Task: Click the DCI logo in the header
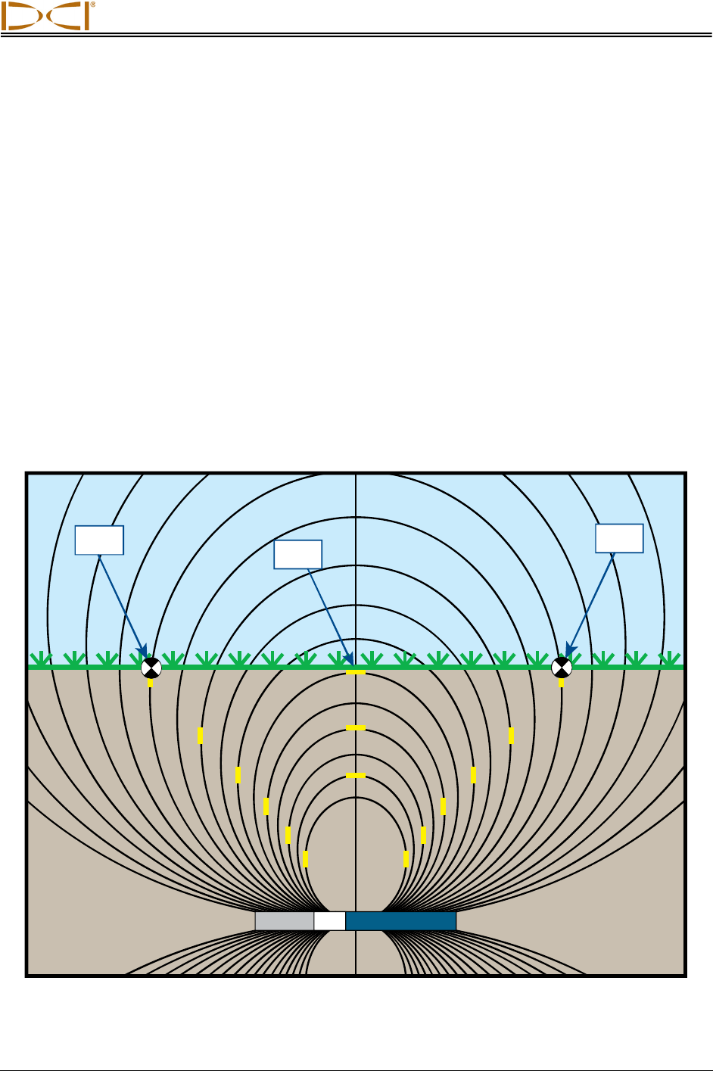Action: point(45,16)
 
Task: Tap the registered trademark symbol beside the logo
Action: point(93,5)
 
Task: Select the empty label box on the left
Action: point(99,540)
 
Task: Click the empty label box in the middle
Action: point(297,554)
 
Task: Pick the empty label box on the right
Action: point(619,538)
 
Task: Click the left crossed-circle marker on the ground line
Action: point(151,668)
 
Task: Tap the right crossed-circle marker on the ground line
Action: point(561,668)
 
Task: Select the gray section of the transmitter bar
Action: point(285,921)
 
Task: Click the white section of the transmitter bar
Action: point(329,921)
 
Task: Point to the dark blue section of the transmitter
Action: point(400,921)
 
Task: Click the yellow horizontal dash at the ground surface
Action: point(356,672)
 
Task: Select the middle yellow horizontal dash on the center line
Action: point(356,728)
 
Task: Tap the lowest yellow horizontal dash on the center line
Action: point(356,776)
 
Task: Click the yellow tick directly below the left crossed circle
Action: point(151,683)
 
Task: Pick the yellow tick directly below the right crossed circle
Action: point(561,683)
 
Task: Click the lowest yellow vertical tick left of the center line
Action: point(305,858)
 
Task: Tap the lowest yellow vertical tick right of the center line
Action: point(406,858)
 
